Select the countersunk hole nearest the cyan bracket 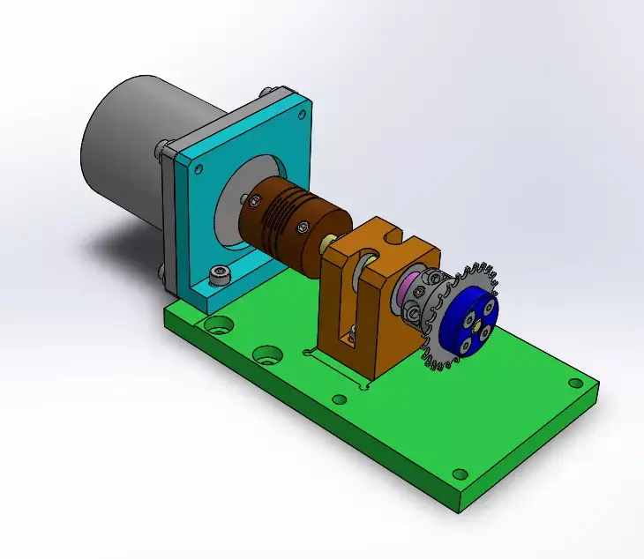pos(215,324)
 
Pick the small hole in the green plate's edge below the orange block pos(339,399)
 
